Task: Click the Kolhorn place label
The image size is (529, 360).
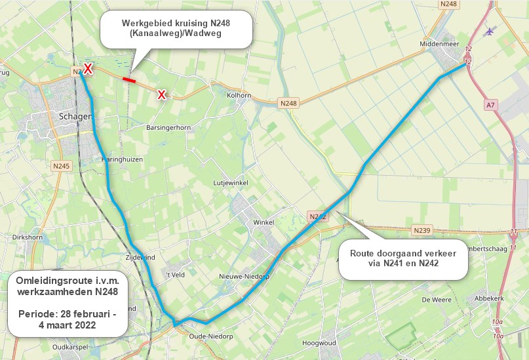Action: coord(239,95)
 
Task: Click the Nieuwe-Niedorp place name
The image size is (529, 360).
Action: coord(244,276)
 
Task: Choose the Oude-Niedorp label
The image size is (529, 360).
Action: coord(210,335)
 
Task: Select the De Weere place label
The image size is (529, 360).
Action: coord(433,299)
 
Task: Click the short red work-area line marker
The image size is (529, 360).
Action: coord(129,80)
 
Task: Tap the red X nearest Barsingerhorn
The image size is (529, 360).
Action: coord(161,96)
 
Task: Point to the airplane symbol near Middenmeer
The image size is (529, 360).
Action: coord(490,31)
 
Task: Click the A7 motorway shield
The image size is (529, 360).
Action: coord(492,104)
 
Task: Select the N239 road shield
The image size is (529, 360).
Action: coord(422,230)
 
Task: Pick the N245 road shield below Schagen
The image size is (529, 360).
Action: coord(61,167)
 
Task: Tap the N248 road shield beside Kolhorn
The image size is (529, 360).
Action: coord(288,103)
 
